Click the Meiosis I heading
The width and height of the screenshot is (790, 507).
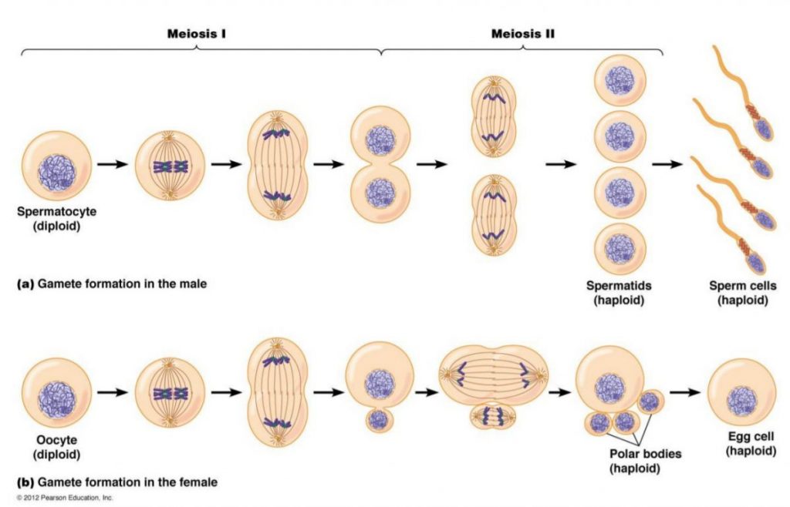pos(197,35)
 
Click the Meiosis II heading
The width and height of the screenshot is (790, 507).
pos(523,35)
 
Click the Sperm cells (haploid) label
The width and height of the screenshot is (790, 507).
pos(743,293)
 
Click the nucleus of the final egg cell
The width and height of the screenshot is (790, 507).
pos(741,398)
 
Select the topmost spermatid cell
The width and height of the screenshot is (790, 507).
pos(620,82)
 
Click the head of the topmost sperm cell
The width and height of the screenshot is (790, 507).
pos(762,129)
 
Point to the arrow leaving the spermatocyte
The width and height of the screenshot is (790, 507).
pos(112,164)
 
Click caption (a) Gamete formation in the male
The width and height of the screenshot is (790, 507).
pos(112,284)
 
